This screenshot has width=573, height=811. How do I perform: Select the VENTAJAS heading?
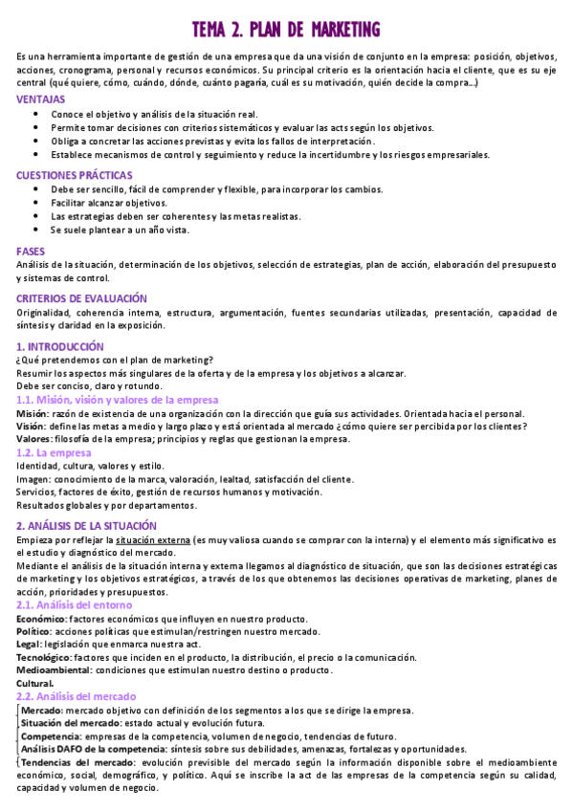coord(40,99)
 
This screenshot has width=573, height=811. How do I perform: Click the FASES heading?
coord(31,250)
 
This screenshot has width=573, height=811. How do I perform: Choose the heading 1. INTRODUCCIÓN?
coord(60,346)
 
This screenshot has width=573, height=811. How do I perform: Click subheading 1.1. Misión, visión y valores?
coord(118,400)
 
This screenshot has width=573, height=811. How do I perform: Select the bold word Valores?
coord(34,439)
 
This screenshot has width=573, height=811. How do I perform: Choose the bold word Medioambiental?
coord(53,670)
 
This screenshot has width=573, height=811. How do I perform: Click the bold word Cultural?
coord(35,684)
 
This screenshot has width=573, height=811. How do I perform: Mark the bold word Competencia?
coord(51,736)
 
